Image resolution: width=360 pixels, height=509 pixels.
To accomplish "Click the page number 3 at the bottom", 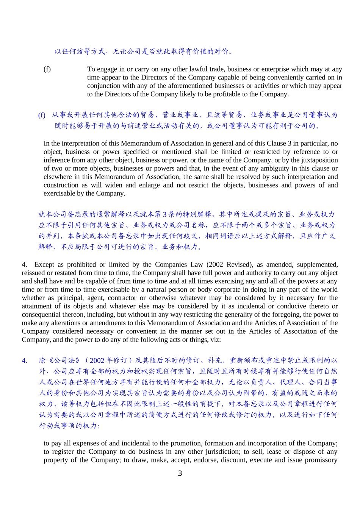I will (x=180, y=473).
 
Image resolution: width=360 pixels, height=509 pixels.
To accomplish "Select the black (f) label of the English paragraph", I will (x=47, y=69).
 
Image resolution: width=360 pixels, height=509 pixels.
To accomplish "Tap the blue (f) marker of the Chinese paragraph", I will (x=42, y=115).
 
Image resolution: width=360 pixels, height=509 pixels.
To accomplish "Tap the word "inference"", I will (x=56, y=160).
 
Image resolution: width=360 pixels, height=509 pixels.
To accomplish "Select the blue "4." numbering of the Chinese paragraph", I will (x=25, y=360).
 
